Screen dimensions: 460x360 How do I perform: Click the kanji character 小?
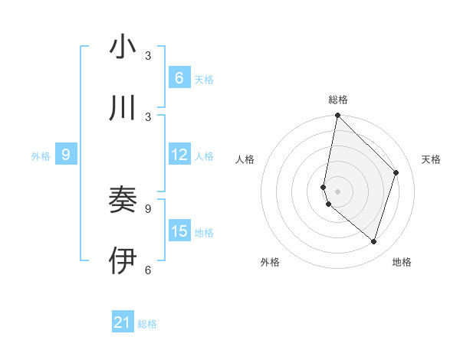coord(123,47)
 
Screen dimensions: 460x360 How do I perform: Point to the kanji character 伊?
coord(123,260)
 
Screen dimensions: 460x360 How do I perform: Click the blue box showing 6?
coord(179,77)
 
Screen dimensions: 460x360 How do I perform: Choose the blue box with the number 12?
coord(179,155)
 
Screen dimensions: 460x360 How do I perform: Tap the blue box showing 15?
coord(179,231)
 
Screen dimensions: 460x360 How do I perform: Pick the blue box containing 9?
coord(66,155)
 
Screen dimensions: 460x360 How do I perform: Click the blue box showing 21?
coord(123,322)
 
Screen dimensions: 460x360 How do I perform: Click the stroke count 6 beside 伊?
coord(148,270)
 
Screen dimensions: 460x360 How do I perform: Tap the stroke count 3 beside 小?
coord(148,56)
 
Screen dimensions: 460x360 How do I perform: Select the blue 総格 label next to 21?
coord(147,324)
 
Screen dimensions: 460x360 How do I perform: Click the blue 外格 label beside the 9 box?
coord(41,155)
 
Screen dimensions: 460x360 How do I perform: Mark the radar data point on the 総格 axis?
coord(337,116)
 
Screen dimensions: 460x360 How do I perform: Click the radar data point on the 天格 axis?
coord(396,172)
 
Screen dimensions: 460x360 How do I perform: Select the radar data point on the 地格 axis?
coord(373,241)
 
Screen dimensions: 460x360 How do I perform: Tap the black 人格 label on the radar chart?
coord(245,159)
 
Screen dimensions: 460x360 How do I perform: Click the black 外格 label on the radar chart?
coord(270,262)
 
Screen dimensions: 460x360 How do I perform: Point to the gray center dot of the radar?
coord(337,191)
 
